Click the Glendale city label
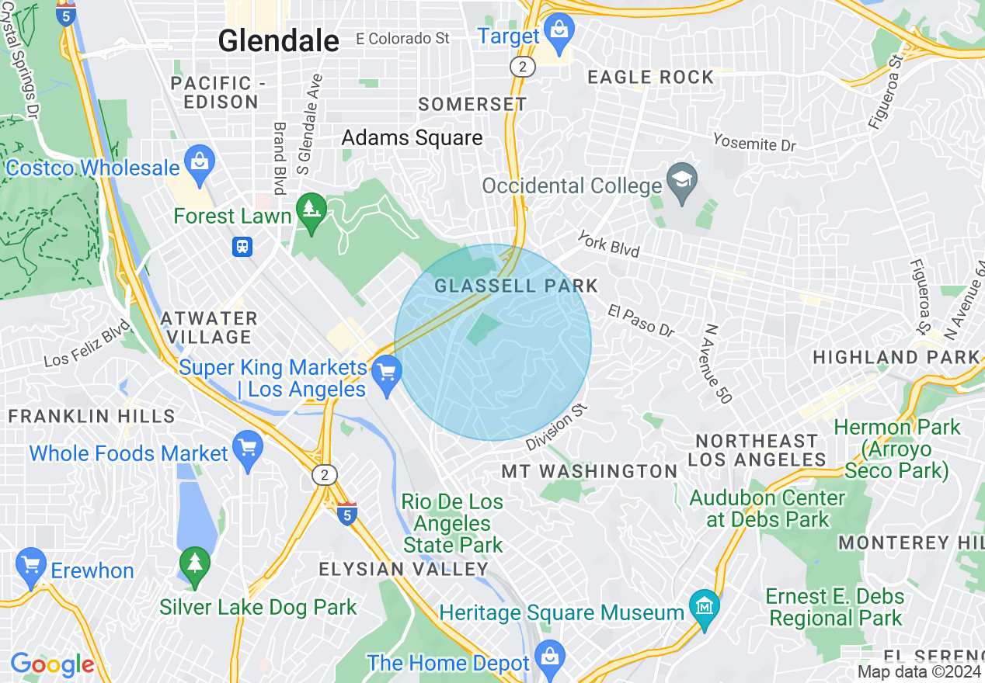pyautogui.click(x=278, y=40)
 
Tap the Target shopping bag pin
pyautogui.click(x=558, y=30)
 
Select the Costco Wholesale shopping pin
pyautogui.click(x=200, y=164)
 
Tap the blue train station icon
pyautogui.click(x=242, y=247)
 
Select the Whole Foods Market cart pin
pyautogui.click(x=248, y=449)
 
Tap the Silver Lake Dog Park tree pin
pyautogui.click(x=193, y=565)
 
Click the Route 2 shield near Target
pyautogui.click(x=523, y=67)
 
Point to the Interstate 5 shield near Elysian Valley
pyautogui.click(x=347, y=514)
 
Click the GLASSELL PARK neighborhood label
pyautogui.click(x=516, y=286)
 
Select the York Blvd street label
pyautogui.click(x=607, y=243)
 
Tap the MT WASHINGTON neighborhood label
pyautogui.click(x=590, y=471)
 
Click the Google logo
pyautogui.click(x=52, y=664)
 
